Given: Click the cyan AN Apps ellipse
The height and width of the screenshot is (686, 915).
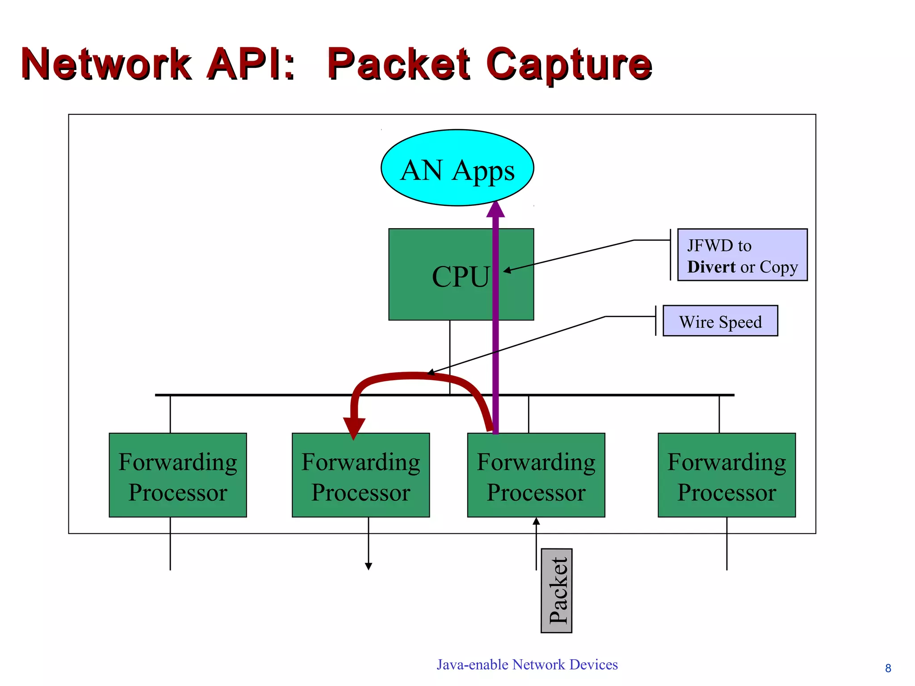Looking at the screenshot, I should tap(457, 168).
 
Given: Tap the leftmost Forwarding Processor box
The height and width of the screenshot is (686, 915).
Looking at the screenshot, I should tap(178, 475).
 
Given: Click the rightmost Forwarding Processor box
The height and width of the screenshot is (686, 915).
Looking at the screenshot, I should tap(726, 475).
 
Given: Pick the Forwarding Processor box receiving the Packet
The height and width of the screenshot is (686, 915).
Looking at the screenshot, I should tap(536, 475).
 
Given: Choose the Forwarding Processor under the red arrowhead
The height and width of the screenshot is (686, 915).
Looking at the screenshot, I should tap(361, 475).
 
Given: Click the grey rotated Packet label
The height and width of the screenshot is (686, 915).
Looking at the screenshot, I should tap(557, 590).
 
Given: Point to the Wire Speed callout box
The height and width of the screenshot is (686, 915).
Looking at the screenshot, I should tap(720, 321).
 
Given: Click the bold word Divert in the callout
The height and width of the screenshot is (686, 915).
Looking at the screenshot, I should tap(711, 267).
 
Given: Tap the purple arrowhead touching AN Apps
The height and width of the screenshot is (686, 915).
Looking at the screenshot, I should tap(495, 209).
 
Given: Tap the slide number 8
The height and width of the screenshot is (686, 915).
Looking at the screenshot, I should tap(888, 668).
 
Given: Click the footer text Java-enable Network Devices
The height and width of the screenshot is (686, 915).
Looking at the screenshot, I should tap(527, 665).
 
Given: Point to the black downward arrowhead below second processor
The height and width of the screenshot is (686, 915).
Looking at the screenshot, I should tap(369, 566).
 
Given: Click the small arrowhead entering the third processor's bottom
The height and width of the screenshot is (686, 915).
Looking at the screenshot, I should tap(536, 521).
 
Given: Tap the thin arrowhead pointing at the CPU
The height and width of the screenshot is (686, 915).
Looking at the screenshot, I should tap(507, 270).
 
